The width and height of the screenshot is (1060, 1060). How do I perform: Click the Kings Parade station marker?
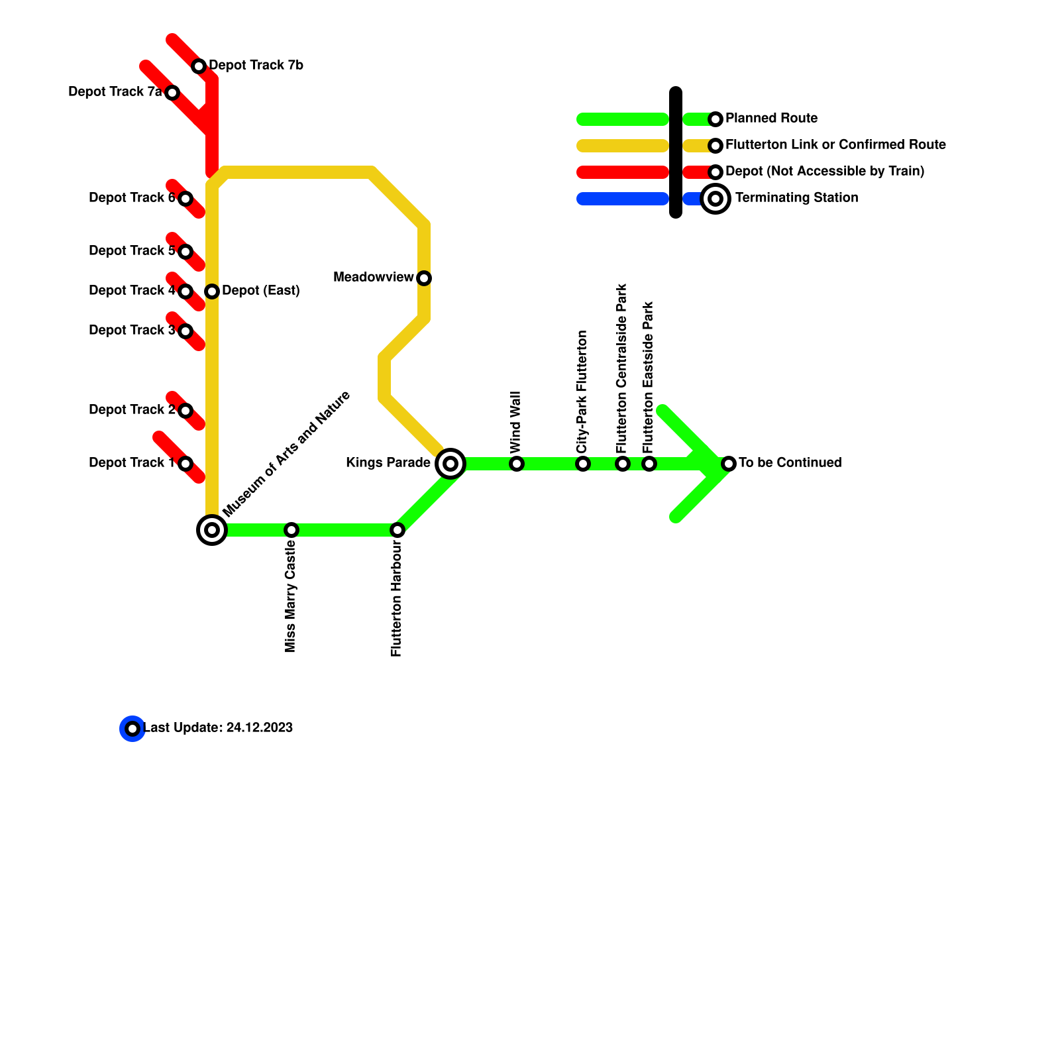click(x=450, y=464)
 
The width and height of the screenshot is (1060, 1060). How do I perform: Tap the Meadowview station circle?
click(x=424, y=278)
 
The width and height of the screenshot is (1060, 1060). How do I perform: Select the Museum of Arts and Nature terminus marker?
click(x=212, y=530)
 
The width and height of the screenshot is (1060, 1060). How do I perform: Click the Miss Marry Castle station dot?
click(x=291, y=530)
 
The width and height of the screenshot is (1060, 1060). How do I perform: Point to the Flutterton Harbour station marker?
click(x=397, y=530)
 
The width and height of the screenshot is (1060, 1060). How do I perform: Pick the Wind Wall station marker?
click(x=517, y=464)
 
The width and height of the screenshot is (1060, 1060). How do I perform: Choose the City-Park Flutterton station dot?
click(x=583, y=464)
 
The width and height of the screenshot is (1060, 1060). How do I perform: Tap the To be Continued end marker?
click(x=729, y=464)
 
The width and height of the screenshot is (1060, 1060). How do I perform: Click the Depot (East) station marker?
click(x=212, y=291)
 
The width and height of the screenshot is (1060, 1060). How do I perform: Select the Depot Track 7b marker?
click(x=199, y=66)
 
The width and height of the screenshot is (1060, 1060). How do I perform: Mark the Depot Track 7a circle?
click(x=172, y=93)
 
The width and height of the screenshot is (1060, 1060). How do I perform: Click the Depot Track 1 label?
click(x=131, y=462)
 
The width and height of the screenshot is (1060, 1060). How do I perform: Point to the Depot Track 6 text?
click(x=131, y=197)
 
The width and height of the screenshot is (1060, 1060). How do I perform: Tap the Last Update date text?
click(x=219, y=727)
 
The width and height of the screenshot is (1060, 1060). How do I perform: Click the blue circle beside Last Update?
click(x=132, y=729)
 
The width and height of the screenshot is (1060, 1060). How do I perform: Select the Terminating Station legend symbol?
click(x=715, y=199)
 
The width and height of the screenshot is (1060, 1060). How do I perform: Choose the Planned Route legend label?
click(x=771, y=118)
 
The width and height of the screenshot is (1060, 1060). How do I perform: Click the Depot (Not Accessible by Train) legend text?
click(x=825, y=171)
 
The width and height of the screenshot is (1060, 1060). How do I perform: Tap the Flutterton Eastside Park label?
click(x=649, y=378)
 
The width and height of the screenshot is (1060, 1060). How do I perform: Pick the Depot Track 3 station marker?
click(x=185, y=331)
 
